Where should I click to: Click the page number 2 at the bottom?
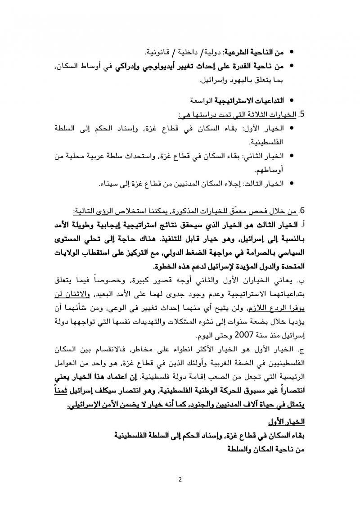pos(180,478)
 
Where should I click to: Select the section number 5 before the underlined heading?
pos(302,114)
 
